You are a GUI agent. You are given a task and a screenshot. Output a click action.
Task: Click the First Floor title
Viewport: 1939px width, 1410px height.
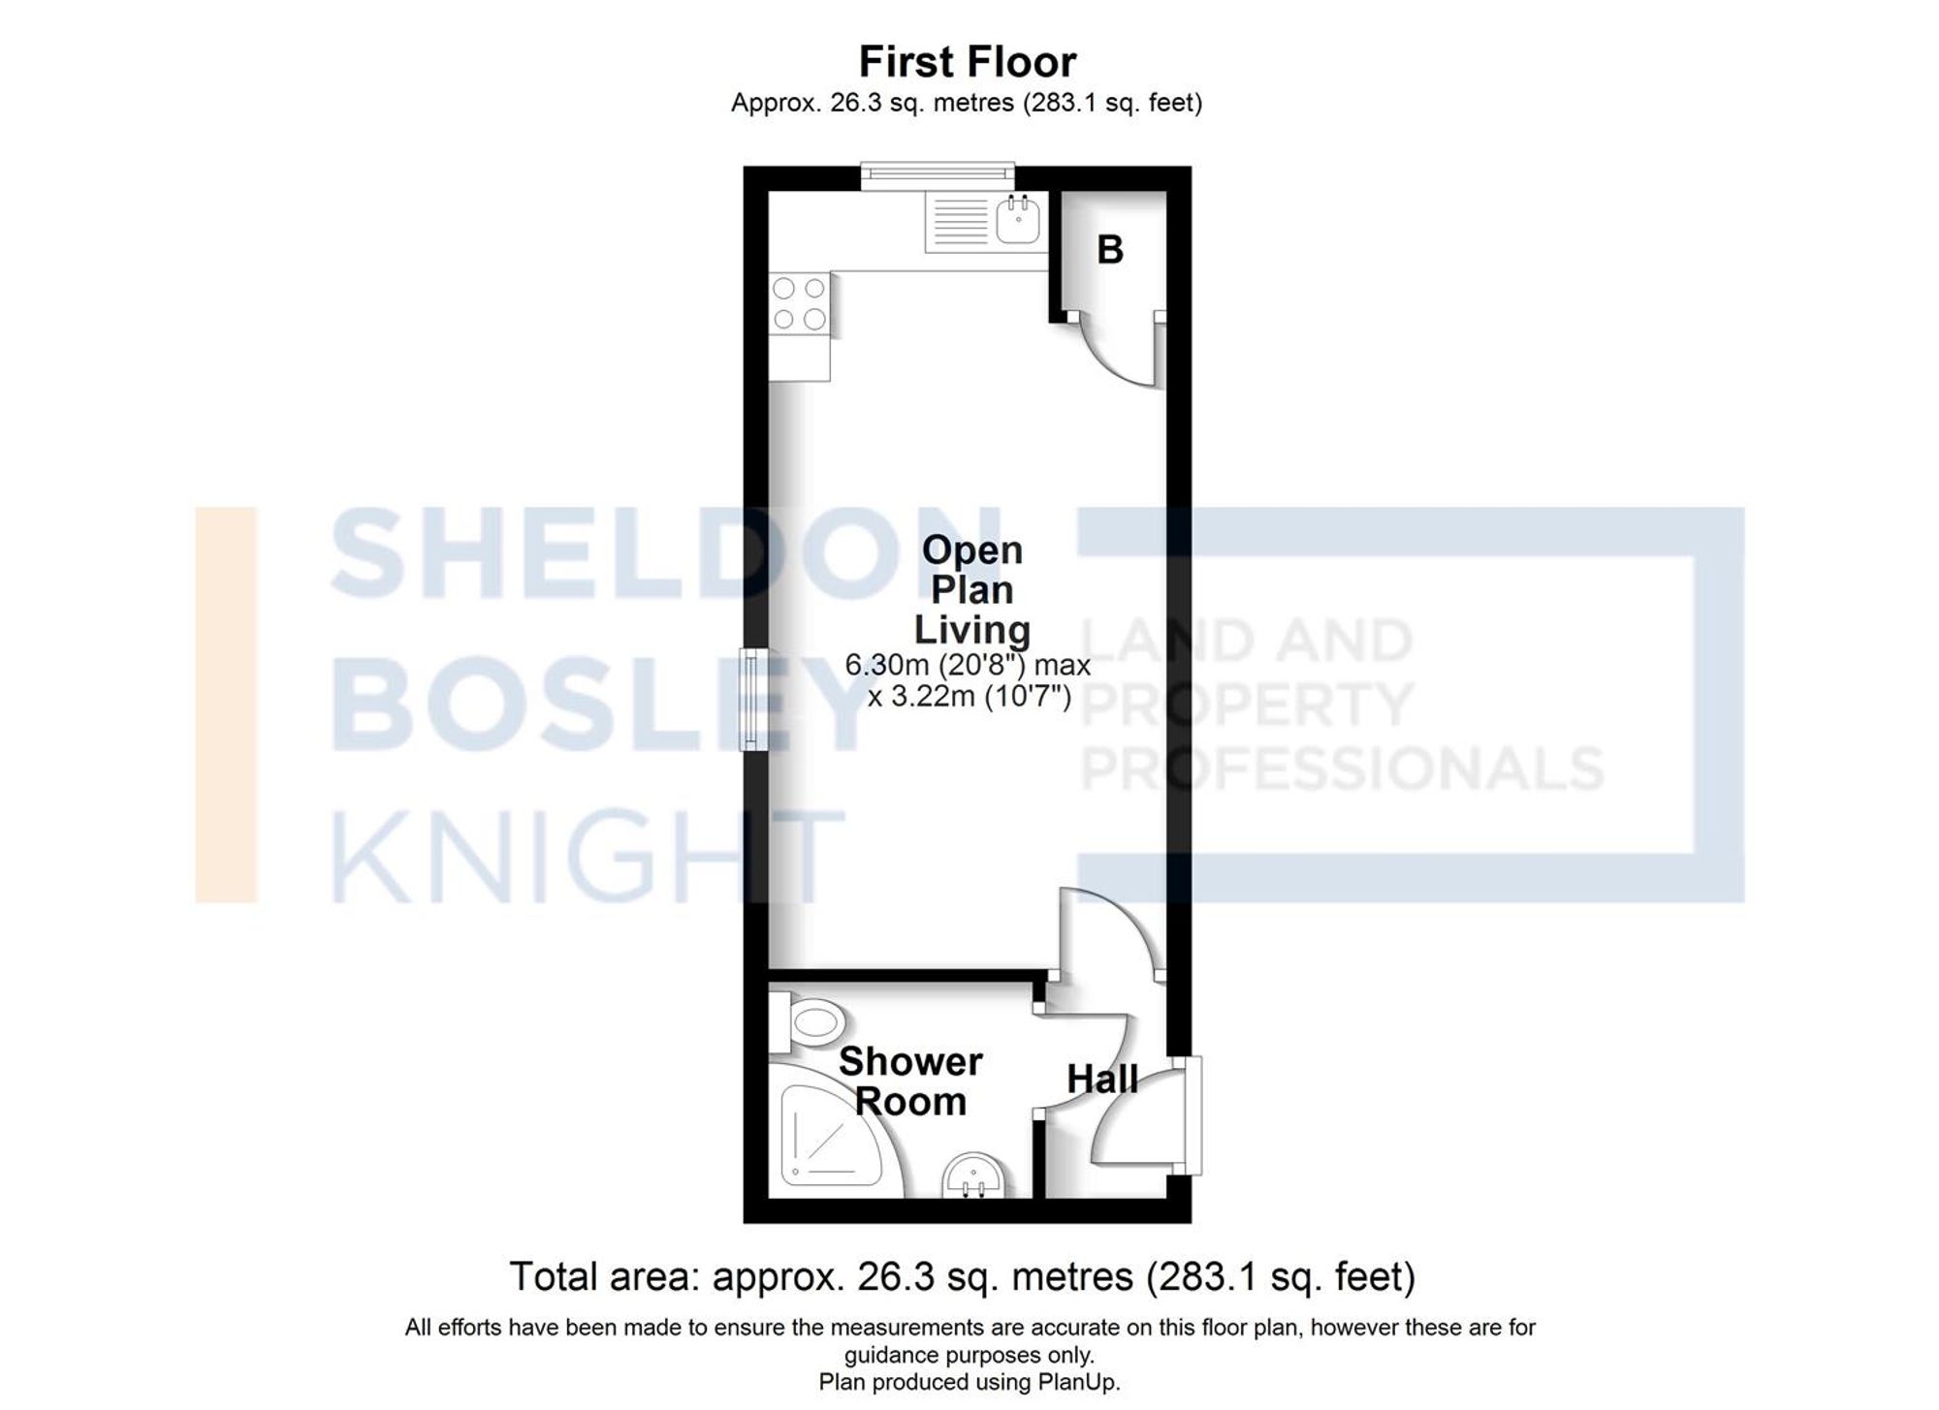pos(967,62)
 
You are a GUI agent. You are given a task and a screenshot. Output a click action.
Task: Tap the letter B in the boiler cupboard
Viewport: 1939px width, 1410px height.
pos(1109,250)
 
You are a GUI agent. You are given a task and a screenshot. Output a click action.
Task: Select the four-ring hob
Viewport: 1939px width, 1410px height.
pos(800,303)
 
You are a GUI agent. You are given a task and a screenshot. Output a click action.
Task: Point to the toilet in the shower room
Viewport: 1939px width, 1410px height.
pos(811,1022)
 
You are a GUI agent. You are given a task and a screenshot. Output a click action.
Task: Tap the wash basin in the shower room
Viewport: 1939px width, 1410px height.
pos(972,1176)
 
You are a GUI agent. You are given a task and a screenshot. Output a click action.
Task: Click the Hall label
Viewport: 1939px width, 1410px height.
pos(1101,1080)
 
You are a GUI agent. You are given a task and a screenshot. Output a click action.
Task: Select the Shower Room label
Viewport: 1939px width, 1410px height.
pos(910,1081)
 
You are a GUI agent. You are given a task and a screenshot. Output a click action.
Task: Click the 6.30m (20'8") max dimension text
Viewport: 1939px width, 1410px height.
pos(967,666)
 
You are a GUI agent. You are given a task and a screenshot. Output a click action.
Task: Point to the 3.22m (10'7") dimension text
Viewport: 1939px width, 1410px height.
pos(969,697)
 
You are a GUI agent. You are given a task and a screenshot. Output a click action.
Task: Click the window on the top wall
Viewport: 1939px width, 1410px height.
pos(938,175)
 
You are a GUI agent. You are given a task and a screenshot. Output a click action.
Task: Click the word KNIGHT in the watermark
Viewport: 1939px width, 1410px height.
pos(588,857)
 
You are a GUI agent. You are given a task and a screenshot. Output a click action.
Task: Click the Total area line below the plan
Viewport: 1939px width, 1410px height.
pos(962,1276)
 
